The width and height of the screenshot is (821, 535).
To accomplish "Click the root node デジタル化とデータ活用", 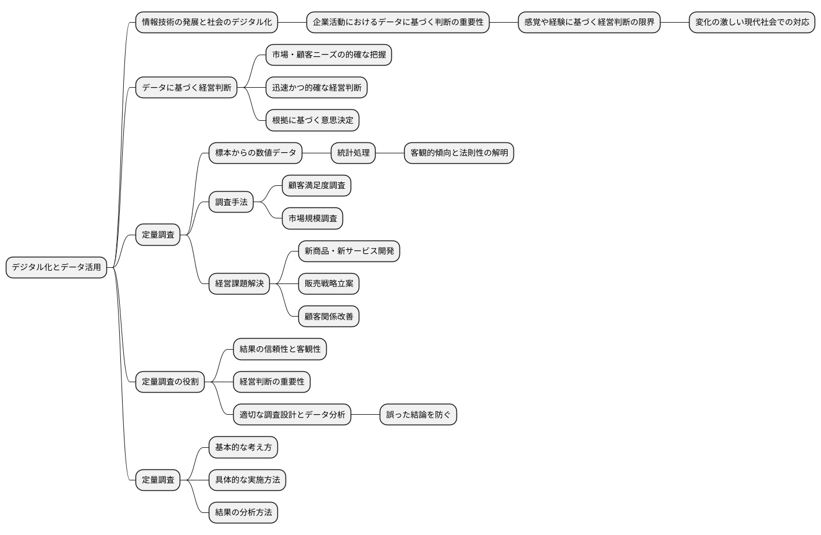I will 56,267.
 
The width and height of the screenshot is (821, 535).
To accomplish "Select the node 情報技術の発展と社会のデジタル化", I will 206,22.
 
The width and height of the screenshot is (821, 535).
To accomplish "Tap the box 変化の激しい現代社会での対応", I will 752,22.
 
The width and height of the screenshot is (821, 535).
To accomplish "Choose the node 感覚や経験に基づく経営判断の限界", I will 589,22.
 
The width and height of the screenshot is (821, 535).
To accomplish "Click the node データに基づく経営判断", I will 186,88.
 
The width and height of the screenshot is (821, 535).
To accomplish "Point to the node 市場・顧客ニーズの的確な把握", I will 329,55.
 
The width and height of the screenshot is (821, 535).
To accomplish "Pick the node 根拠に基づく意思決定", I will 312,120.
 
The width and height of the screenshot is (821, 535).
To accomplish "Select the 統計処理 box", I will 353,153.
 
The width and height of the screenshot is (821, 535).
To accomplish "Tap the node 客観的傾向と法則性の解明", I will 459,153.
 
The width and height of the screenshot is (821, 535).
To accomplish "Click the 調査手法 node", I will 231,202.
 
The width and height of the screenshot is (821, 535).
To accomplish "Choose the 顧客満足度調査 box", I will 316,185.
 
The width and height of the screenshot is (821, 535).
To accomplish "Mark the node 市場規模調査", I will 312,218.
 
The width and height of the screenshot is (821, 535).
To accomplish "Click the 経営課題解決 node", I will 239,283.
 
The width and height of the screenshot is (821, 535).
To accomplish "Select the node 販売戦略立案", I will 329,283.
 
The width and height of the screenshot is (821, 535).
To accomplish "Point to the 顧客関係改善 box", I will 329,317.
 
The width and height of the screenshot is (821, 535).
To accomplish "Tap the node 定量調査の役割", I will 170,382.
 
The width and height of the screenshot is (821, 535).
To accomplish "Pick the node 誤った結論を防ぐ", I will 418,415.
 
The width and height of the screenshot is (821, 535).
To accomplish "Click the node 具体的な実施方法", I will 247,480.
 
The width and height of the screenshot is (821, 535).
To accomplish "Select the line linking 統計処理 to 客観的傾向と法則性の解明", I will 390,153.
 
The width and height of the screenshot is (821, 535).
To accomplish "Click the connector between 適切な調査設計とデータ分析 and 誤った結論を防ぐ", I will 365,415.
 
